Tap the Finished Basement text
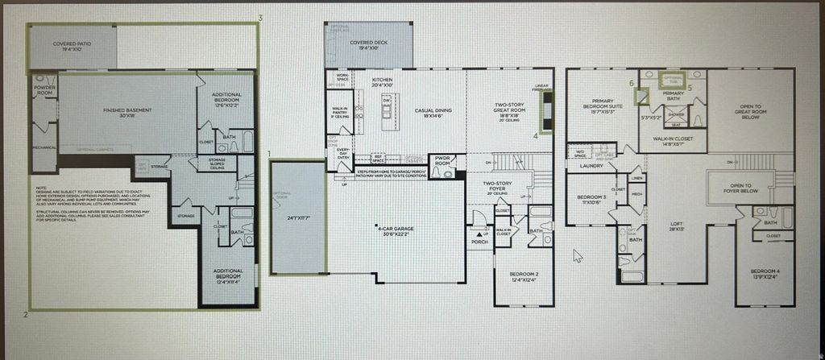pos(124,111)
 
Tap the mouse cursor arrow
pos(576,255)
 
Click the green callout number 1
pos(269,152)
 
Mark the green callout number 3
pos(260,17)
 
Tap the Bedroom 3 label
pos(592,199)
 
